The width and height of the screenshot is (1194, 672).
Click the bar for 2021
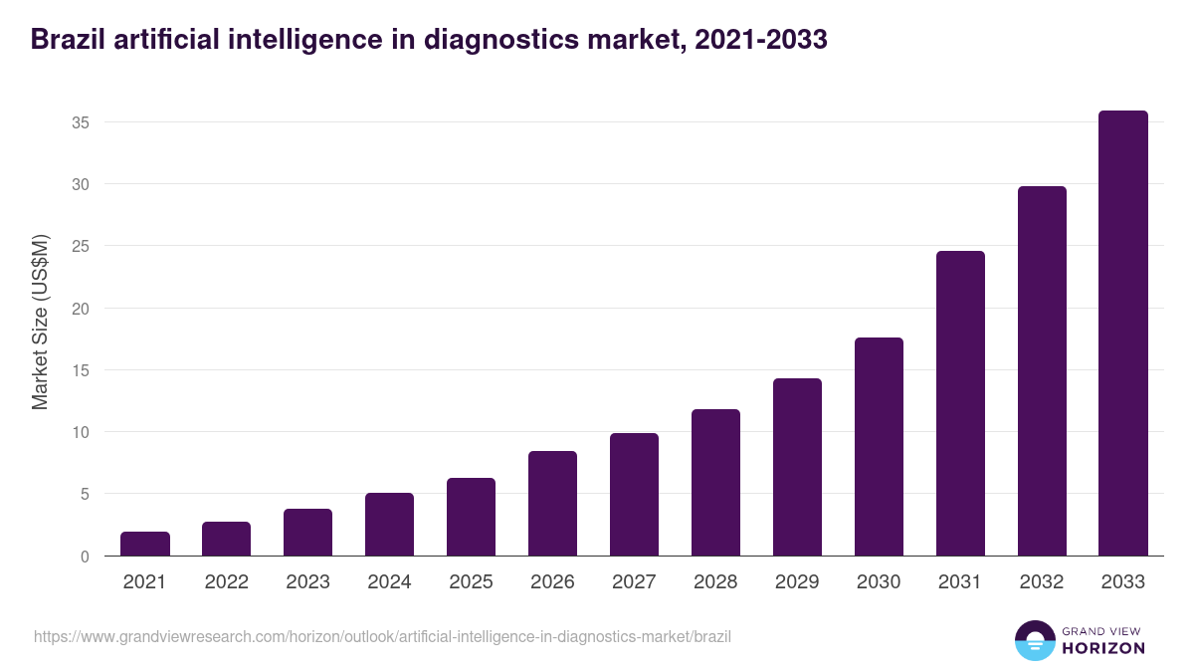tap(145, 544)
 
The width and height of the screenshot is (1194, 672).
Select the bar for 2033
tap(1123, 334)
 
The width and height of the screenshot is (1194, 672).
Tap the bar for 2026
tap(552, 504)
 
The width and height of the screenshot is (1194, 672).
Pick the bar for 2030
tap(879, 447)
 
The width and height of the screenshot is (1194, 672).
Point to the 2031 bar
tap(960, 403)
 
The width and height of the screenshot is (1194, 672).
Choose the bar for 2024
tap(389, 525)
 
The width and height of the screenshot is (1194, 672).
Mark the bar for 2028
tap(715, 483)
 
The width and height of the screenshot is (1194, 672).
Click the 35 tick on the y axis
tap(81, 122)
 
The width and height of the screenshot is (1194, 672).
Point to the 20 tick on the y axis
tap(81, 309)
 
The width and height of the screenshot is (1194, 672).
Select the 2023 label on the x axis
tap(307, 582)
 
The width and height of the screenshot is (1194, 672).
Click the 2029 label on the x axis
tap(797, 582)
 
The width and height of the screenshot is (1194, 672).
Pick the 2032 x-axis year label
tap(1042, 582)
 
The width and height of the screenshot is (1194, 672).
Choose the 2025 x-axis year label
tap(471, 582)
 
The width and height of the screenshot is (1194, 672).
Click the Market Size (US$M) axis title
tap(40, 322)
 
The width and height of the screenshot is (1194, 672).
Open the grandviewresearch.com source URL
tap(382, 636)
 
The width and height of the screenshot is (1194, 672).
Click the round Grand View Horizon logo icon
tap(1035, 640)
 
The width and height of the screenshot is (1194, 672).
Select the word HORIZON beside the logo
tap(1103, 648)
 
